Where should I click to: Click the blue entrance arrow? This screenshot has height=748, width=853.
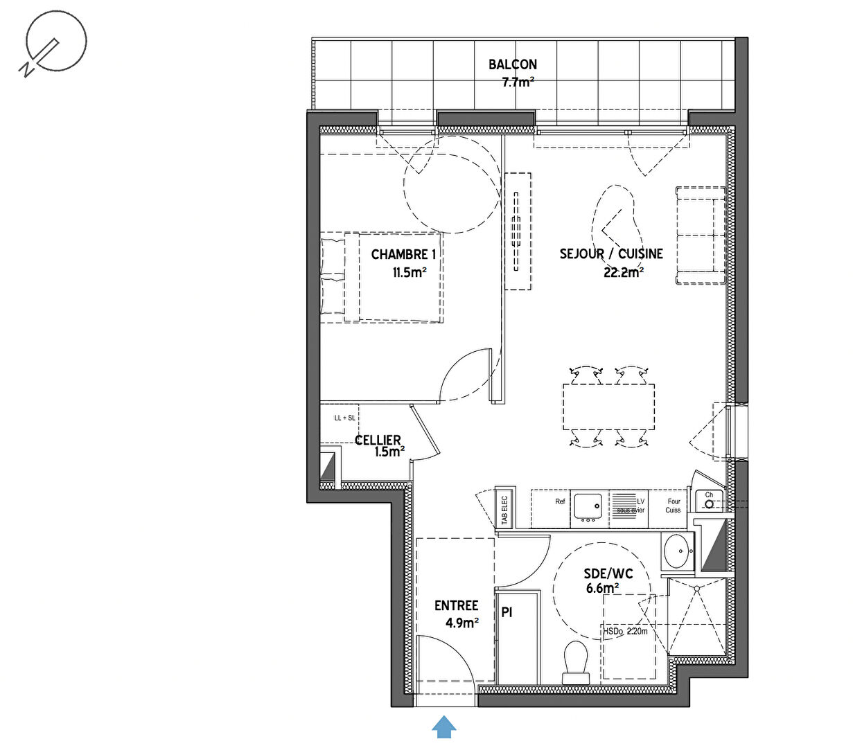(444, 727)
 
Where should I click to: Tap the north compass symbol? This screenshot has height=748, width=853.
(53, 42)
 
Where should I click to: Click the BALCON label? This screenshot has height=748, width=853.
(512, 64)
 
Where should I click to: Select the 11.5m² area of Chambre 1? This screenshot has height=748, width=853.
(409, 272)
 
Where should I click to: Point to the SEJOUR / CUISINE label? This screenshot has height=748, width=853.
(610, 254)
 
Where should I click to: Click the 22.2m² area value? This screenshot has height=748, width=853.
(623, 272)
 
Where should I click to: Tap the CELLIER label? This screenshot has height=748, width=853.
(378, 440)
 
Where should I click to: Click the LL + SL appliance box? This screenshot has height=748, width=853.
(344, 418)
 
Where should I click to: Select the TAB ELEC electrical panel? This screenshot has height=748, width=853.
(504, 509)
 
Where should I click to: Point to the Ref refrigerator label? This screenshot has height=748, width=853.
(560, 501)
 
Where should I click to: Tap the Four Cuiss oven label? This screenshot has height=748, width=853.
(674, 506)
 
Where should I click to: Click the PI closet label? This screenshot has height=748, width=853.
(507, 613)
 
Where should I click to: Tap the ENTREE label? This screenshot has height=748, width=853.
(456, 606)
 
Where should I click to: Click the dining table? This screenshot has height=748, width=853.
(608, 407)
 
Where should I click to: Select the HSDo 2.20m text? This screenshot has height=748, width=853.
(625, 632)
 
